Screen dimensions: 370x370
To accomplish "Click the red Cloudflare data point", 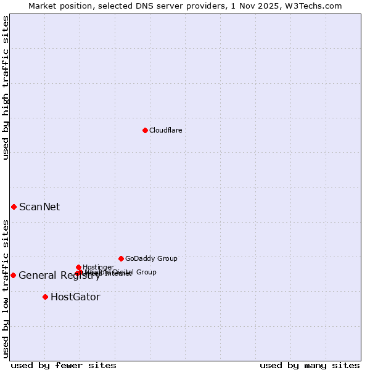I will point(145,130).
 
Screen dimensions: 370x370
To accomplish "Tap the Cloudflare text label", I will point(165,131).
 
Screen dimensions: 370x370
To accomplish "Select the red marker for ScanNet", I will point(14,207).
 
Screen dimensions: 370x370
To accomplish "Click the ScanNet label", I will point(39,207).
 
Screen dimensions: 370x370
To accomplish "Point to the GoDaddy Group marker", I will point(121,258).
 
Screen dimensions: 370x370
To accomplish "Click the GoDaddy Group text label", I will point(151,259).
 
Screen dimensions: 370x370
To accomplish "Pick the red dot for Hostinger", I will point(78,267).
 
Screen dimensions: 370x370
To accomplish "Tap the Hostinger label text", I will point(98,268).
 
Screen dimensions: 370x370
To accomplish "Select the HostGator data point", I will point(45,297).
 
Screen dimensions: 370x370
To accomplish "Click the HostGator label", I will point(75,297).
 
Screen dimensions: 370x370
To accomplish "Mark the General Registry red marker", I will point(13,275).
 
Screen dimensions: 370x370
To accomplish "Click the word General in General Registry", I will point(37,276).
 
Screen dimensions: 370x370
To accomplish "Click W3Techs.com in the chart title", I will point(318,6).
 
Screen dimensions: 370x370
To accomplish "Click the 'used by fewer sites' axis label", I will point(64,365).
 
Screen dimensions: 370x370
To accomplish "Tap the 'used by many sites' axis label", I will point(310,365).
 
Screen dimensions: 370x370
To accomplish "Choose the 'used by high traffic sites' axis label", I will point(6,88).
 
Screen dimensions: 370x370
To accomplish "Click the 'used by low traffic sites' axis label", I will point(6,288).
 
